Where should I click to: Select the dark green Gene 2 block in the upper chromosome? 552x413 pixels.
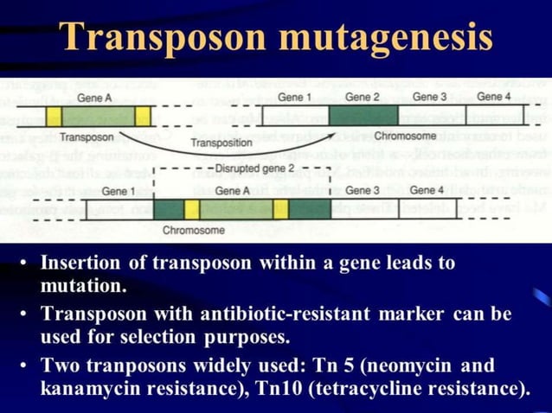[363, 114]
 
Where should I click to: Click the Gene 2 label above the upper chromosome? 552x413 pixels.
[363, 97]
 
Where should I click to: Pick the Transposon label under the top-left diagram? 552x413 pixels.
[87, 137]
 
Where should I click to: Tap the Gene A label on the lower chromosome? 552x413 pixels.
[232, 189]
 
